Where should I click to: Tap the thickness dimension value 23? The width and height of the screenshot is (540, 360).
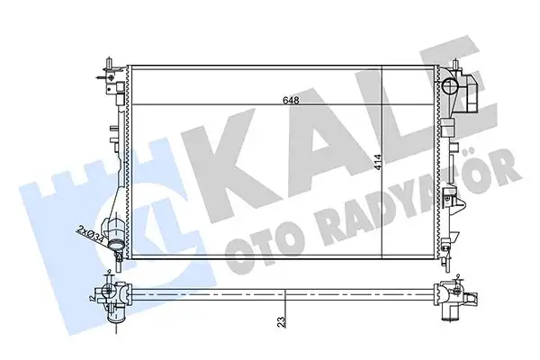(x=282, y=320)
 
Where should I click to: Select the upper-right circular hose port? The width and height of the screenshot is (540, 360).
(x=452, y=86)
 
